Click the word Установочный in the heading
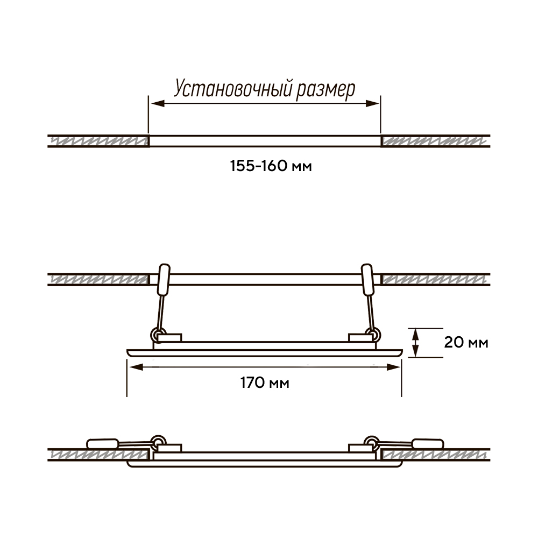point(233,88)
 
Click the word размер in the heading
point(325,90)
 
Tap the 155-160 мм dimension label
point(271,166)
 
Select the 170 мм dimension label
point(265,383)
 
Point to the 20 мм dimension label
point(466,342)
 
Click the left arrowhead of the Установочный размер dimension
point(158,103)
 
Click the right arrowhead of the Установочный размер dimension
point(372,103)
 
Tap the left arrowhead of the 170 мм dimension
point(136,367)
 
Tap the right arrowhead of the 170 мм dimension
point(393,367)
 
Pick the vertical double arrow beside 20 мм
point(415,343)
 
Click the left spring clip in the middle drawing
point(164,280)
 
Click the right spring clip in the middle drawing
point(367,280)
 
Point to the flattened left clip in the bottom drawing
point(103,444)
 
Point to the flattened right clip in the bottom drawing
point(428,444)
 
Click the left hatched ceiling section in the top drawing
point(98,141)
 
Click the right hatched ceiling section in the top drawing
point(435,141)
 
